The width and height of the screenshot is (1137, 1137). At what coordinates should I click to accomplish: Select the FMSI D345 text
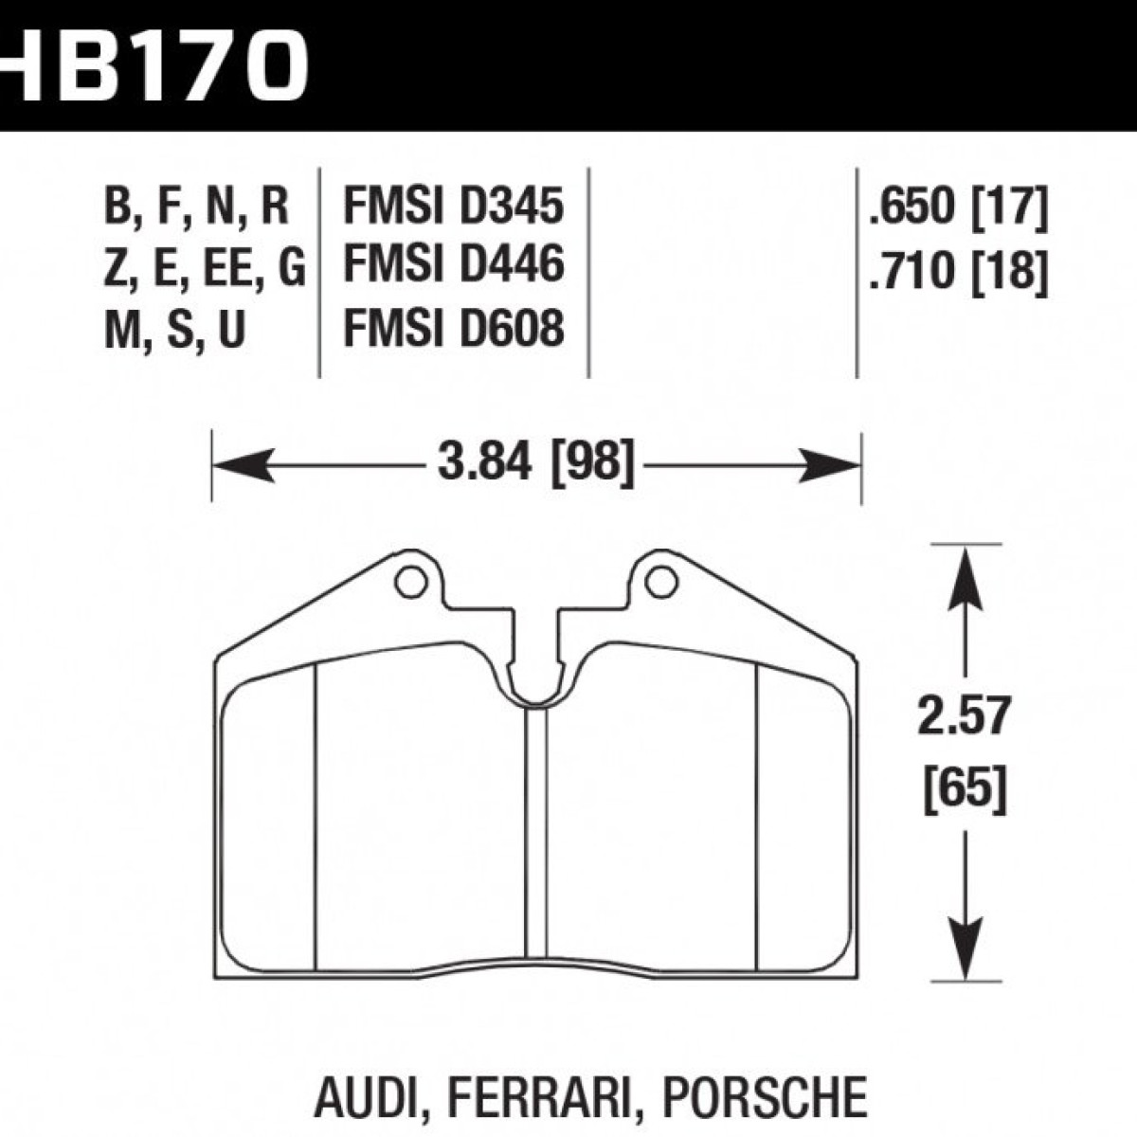point(454,207)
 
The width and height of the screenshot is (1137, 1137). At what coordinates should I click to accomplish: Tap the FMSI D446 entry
point(454,265)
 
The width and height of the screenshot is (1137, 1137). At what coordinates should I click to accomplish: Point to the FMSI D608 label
point(454,329)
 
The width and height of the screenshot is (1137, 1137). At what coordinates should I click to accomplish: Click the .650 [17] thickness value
point(958,208)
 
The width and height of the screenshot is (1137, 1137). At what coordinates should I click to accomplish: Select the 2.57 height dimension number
point(965,715)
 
